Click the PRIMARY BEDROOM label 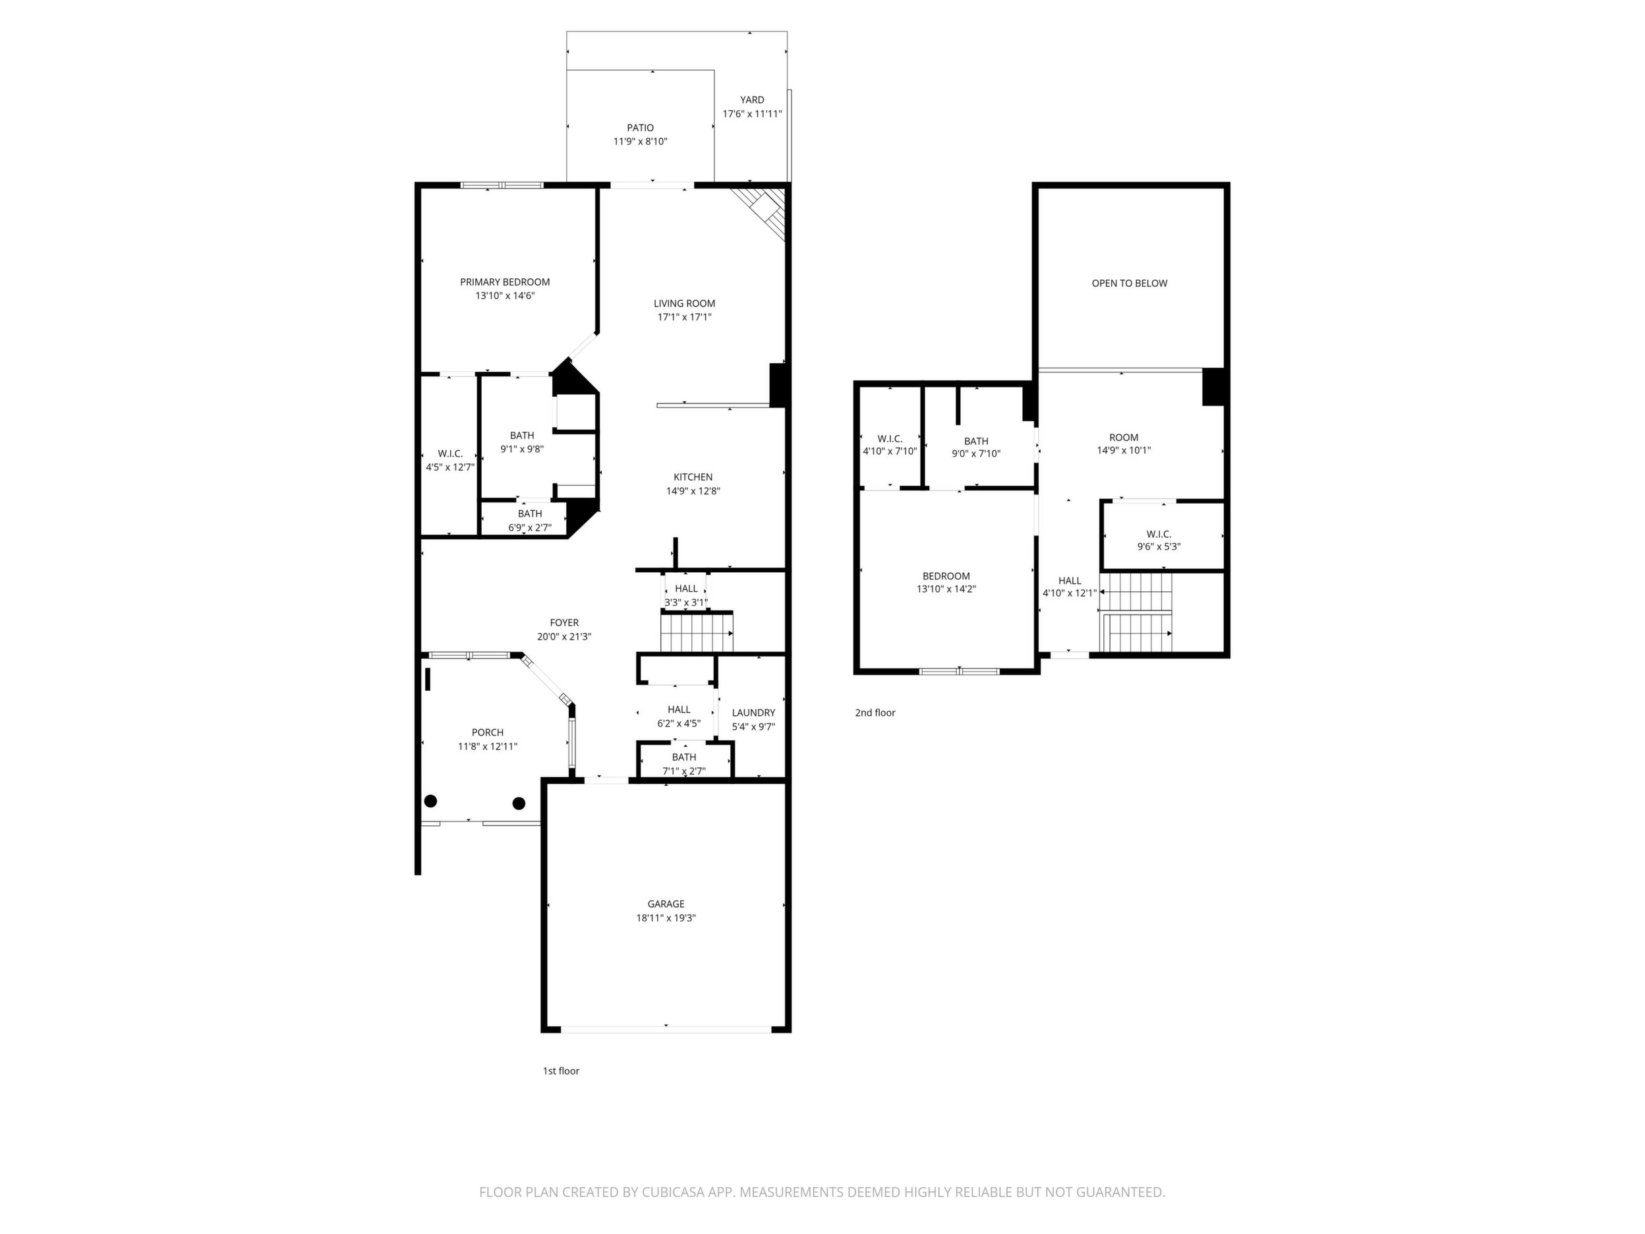point(505,282)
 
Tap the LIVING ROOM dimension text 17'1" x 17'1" point(684,317)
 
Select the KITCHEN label point(693,477)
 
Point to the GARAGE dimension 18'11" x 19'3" point(666,918)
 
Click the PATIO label point(641,128)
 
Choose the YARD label point(752,100)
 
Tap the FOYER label point(564,622)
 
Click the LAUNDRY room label point(753,713)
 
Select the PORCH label point(488,732)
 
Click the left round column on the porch point(430,801)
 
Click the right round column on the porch point(519,804)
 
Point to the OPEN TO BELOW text point(1130,283)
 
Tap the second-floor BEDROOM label point(946,575)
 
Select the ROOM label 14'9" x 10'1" point(1124,437)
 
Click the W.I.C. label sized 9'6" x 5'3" point(1159,534)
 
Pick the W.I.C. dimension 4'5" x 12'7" point(450,467)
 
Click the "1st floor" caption point(561,1071)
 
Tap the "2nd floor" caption point(875,713)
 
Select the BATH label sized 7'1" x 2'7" point(684,757)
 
